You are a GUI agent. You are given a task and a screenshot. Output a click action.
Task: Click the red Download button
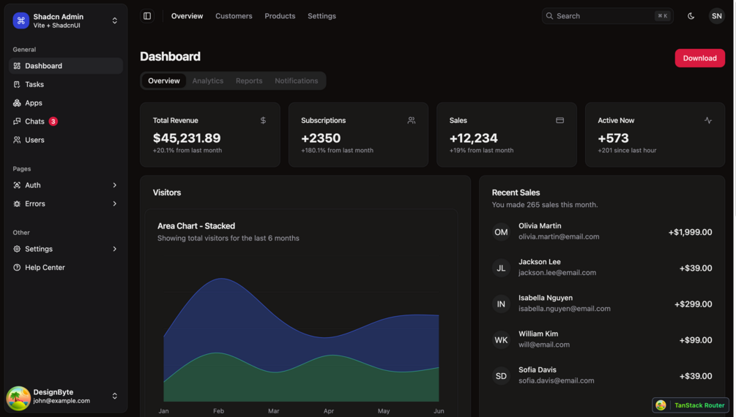click(x=699, y=59)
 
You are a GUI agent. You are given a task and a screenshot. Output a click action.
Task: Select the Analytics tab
click(x=207, y=81)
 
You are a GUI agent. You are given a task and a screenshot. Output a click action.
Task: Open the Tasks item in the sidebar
click(x=34, y=85)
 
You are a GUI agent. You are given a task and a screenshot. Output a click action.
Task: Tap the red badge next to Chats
click(x=53, y=121)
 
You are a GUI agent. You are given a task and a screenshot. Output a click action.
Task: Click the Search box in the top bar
click(x=606, y=16)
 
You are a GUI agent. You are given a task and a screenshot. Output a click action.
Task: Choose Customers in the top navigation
click(x=234, y=16)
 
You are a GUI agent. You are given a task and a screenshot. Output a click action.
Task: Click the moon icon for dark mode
click(x=691, y=16)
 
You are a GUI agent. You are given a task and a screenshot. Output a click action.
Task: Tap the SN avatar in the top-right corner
click(x=716, y=16)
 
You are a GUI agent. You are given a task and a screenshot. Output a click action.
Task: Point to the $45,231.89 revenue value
click(x=187, y=138)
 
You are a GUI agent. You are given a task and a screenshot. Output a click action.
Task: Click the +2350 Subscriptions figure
click(x=321, y=138)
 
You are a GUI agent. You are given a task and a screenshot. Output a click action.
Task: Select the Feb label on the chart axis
click(x=218, y=411)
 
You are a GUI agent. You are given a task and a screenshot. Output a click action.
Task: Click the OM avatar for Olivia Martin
click(x=501, y=232)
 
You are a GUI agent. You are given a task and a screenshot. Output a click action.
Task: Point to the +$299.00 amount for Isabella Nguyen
click(x=693, y=304)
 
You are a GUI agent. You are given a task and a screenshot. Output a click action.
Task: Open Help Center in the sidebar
click(x=45, y=268)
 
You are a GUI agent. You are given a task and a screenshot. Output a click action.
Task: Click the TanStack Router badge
click(x=691, y=405)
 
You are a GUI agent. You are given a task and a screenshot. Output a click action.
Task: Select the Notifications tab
click(x=296, y=81)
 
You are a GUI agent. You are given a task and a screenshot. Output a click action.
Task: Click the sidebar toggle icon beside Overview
click(x=147, y=16)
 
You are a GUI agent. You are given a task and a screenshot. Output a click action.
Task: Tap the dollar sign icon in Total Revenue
click(x=263, y=121)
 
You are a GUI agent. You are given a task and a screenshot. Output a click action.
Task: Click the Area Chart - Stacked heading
click(x=196, y=226)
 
